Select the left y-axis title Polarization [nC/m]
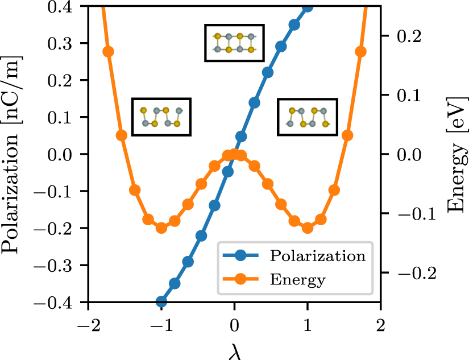(x=13, y=154)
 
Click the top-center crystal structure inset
(x=234, y=43)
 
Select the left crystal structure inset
(x=161, y=117)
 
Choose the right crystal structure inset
(x=307, y=117)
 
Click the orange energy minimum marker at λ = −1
(x=161, y=227)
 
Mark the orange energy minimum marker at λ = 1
(x=308, y=227)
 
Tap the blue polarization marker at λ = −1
(x=161, y=301)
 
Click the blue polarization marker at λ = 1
(x=308, y=7)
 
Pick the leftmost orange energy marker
(x=108, y=52)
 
